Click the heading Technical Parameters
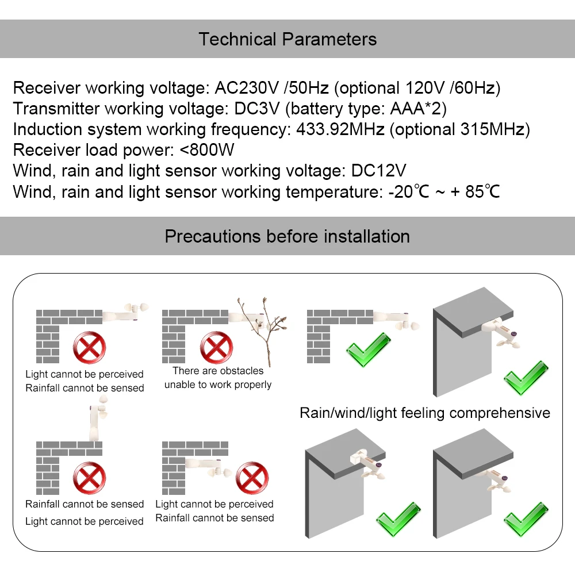tap(287, 39)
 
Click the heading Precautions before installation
tap(287, 236)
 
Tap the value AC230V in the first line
tap(248, 89)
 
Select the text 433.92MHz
tap(340, 129)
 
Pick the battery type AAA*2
tap(414, 109)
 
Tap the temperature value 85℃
tap(482, 191)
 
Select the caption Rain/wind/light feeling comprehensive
tap(425, 413)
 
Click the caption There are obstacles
tap(218, 371)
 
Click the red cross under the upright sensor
tap(89, 478)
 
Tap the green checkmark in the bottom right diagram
tap(524, 519)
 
